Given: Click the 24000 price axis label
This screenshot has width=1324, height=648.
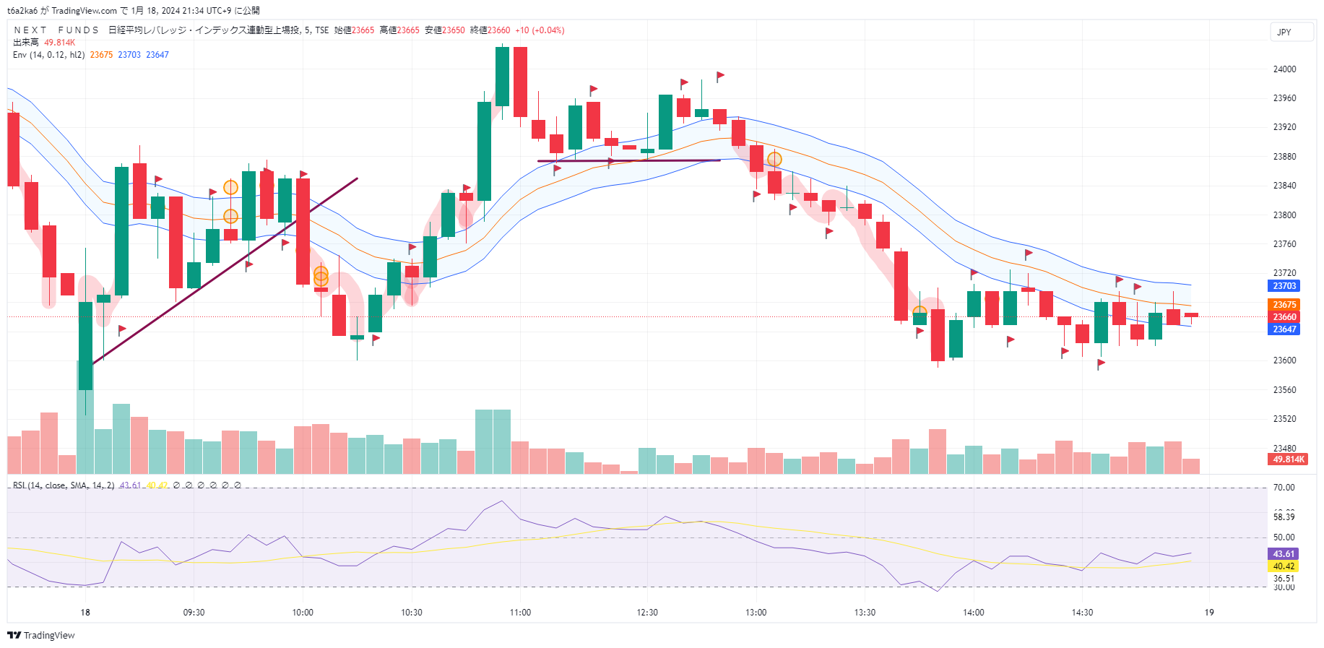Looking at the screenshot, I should pyautogui.click(x=1284, y=69).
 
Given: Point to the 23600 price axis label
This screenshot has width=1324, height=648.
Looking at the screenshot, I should pyautogui.click(x=1284, y=360).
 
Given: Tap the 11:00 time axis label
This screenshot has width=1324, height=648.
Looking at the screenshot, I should pyautogui.click(x=520, y=613).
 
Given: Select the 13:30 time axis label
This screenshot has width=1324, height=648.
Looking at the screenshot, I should pyautogui.click(x=865, y=613).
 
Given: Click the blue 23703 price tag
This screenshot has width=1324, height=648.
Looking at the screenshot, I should pyautogui.click(x=1284, y=286).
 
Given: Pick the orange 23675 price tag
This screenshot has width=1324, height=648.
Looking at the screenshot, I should pyautogui.click(x=1284, y=305).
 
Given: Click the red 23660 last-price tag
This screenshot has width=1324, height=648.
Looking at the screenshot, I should pyautogui.click(x=1284, y=317).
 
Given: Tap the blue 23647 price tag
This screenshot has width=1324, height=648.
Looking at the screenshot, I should pyautogui.click(x=1284, y=329).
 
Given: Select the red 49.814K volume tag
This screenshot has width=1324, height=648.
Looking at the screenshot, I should pyautogui.click(x=1289, y=459).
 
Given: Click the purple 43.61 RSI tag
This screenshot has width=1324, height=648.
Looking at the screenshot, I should pyautogui.click(x=1284, y=554).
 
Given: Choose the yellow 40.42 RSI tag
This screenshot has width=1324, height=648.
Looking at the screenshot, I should pyautogui.click(x=1284, y=566).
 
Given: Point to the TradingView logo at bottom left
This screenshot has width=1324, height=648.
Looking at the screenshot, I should pyautogui.click(x=41, y=636).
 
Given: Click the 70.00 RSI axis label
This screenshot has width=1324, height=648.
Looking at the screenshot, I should pyautogui.click(x=1284, y=488).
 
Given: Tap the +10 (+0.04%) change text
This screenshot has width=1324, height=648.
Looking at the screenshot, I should pyautogui.click(x=540, y=30).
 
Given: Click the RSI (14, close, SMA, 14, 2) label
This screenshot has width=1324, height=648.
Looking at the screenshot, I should pyautogui.click(x=64, y=485).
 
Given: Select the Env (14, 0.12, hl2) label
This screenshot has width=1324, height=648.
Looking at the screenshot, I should pyautogui.click(x=48, y=55).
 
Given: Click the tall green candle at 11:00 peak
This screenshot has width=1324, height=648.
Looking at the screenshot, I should pyautogui.click(x=502, y=77).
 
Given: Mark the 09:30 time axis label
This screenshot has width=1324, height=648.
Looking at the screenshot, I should pyautogui.click(x=194, y=613).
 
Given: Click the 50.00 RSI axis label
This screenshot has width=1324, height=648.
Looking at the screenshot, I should pyautogui.click(x=1284, y=537).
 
